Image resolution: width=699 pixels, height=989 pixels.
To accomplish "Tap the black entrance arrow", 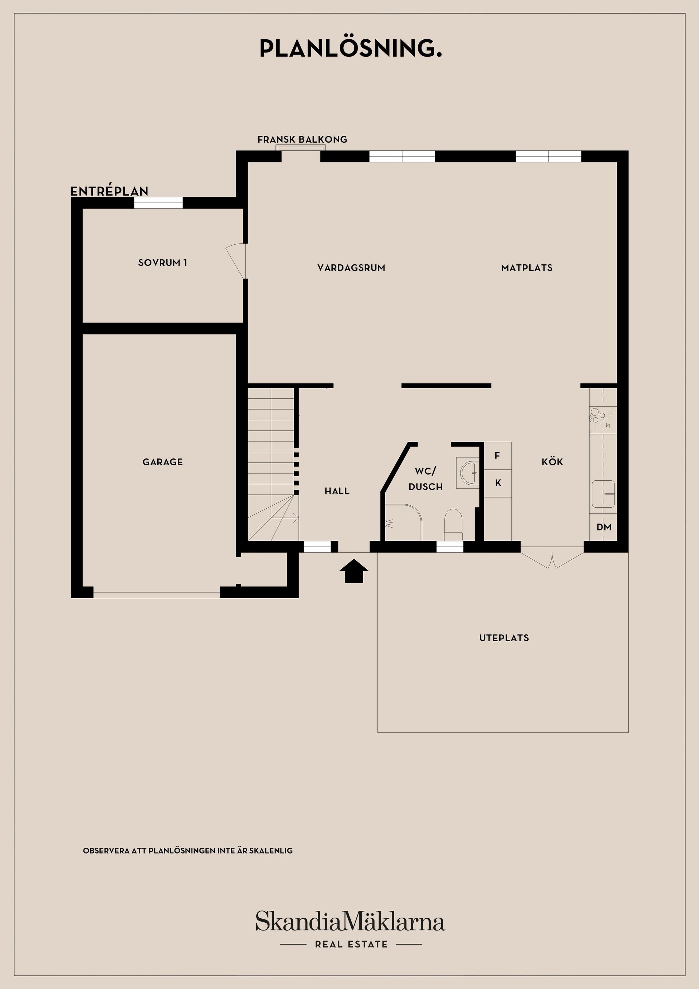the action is [354, 571].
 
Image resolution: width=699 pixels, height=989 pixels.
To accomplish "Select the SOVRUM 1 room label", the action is [163, 263].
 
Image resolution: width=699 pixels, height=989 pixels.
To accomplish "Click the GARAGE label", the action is [163, 462].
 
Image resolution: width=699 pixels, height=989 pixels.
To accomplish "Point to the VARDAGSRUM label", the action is [351, 268].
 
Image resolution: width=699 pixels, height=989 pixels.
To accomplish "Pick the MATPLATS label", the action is [527, 268].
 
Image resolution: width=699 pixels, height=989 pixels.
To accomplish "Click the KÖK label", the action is [553, 461].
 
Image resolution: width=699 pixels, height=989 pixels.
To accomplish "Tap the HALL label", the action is [337, 491].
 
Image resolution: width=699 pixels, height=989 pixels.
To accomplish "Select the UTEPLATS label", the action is [504, 638].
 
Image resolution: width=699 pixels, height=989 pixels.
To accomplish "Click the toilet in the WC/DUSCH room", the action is [453, 525].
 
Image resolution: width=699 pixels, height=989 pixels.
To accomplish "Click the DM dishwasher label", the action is [604, 527].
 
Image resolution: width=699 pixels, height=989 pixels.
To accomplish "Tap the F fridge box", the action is [498, 456].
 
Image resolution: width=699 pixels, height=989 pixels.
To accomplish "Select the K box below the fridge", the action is [498, 483].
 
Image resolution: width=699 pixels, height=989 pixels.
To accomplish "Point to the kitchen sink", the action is [603, 494].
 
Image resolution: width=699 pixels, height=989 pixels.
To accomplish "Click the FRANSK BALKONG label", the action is [302, 139].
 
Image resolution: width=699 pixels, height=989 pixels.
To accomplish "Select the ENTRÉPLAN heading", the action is [109, 191].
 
